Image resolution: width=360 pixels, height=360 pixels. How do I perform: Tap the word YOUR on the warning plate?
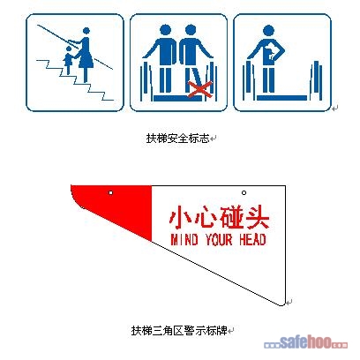219,239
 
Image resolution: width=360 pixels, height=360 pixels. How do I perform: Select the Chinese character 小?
180,217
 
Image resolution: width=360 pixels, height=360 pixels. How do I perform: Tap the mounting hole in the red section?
109,192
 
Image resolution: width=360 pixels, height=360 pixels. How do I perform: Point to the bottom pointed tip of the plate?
284,304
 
